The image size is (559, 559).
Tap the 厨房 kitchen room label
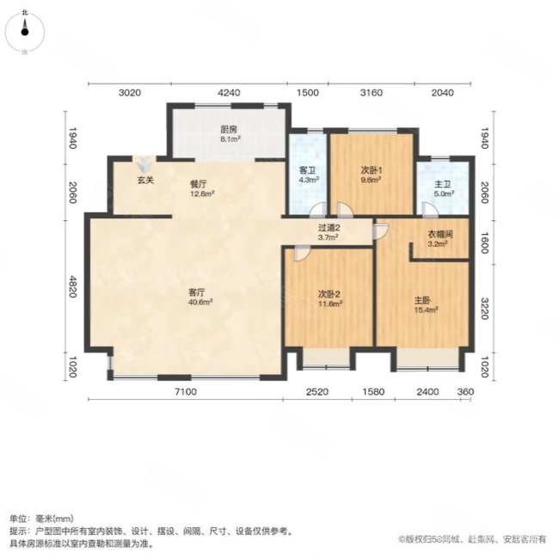coord(229,129)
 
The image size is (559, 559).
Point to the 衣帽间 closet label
coord(440,236)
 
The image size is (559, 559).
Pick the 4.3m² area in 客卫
coord(309,181)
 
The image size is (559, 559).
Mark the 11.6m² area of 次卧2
coord(329,304)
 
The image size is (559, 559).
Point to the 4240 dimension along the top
coord(229,93)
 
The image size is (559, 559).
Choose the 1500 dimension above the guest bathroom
coord(308,93)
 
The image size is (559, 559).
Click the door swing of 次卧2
coord(300,251)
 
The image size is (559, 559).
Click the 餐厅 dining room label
coord(200,183)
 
